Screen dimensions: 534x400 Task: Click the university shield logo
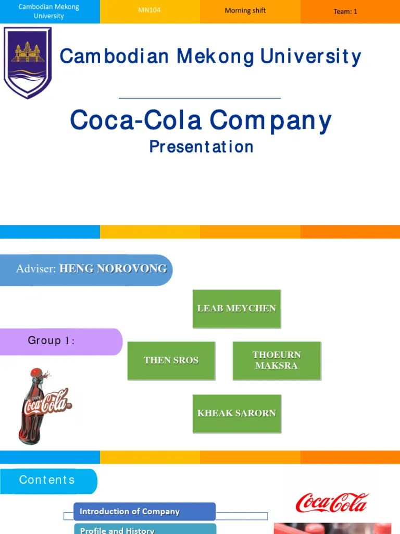point(28,62)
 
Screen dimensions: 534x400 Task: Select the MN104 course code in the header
point(149,10)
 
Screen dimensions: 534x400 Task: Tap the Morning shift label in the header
point(245,10)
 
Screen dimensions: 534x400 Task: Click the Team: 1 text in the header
point(345,11)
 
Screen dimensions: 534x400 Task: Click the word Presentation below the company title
point(201,147)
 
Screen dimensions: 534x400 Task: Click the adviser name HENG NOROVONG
point(113,269)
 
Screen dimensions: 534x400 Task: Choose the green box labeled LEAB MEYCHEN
point(236,309)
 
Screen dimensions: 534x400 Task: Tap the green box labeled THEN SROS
point(171,360)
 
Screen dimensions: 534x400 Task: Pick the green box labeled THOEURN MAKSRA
point(277,360)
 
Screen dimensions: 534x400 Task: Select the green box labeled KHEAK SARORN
point(236,414)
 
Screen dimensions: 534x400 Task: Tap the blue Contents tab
point(47,480)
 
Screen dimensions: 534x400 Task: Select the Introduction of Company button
point(144,512)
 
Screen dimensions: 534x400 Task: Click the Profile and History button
point(144,529)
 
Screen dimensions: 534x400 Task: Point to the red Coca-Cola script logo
point(332,503)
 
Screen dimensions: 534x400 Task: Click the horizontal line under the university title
point(199,98)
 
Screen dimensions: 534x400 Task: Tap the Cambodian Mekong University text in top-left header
point(49,11)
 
